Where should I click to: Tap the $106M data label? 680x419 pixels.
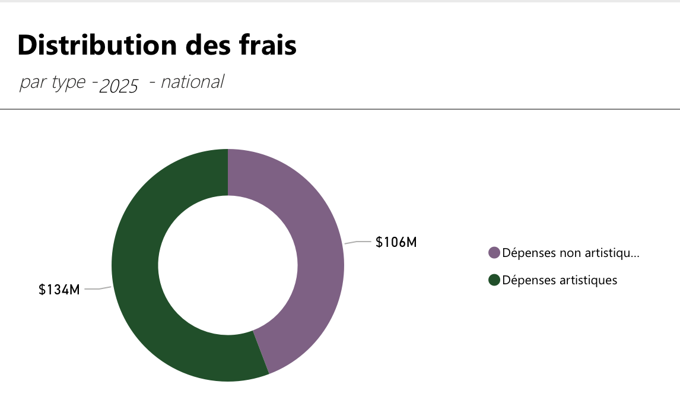click(x=396, y=242)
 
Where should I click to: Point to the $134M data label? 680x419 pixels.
click(x=59, y=290)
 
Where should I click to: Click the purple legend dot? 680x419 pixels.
click(x=494, y=253)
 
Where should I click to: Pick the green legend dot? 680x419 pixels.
click(x=494, y=280)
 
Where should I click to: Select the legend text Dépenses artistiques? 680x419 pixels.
click(x=560, y=280)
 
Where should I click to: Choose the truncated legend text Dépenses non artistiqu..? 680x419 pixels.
click(x=570, y=253)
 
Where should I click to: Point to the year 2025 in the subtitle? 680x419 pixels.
click(x=119, y=87)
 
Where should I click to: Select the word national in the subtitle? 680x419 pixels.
click(x=192, y=82)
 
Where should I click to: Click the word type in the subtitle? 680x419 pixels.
click(x=68, y=83)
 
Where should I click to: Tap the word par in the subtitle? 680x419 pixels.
click(x=33, y=83)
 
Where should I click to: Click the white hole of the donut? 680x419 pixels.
click(x=228, y=265)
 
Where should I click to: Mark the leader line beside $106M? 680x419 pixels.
click(x=357, y=242)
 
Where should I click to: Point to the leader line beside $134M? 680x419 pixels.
click(x=97, y=289)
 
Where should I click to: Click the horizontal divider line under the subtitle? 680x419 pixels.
click(x=340, y=109)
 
